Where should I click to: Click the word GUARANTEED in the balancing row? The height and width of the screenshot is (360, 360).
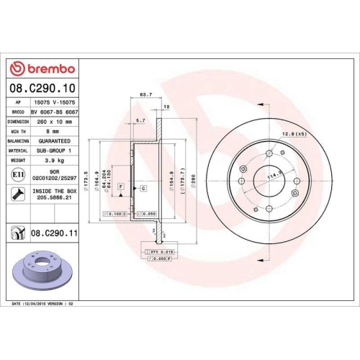[53, 141]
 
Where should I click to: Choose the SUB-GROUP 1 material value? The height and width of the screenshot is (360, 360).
[53, 150]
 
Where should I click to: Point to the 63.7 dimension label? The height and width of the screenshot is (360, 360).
[145, 94]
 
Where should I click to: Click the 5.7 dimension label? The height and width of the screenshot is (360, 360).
[141, 120]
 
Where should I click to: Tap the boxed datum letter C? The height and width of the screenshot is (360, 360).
[143, 188]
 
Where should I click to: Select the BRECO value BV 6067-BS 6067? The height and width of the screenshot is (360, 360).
[54, 113]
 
